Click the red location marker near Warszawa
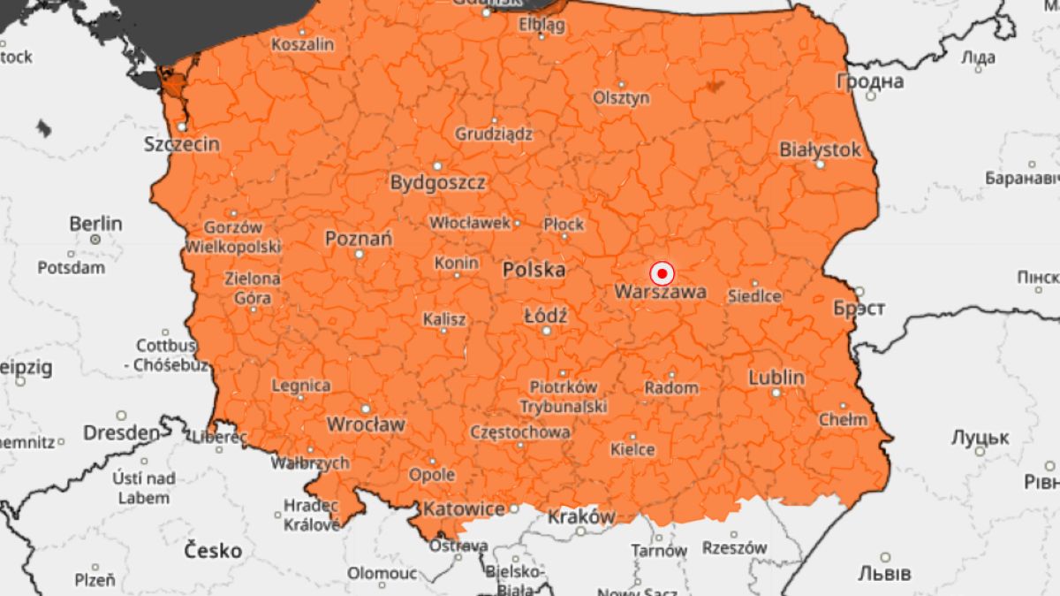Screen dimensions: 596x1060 (x=661, y=274)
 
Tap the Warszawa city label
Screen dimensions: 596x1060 (x=660, y=292)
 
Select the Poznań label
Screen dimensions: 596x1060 (x=359, y=239)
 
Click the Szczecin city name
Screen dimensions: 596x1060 (x=182, y=144)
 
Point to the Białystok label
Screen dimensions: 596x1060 (x=820, y=149)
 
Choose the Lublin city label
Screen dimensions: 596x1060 (x=776, y=378)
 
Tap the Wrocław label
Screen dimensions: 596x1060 (x=366, y=424)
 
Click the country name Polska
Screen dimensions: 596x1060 (x=534, y=271)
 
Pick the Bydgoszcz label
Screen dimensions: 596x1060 (x=438, y=183)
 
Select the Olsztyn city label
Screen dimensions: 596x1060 (x=621, y=97)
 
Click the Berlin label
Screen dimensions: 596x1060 (x=95, y=223)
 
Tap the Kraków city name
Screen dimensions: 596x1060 (x=581, y=516)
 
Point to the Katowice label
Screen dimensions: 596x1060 (x=464, y=509)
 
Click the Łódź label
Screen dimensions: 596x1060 (x=545, y=316)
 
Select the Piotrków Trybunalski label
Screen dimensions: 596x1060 (x=563, y=396)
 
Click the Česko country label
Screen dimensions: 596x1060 (x=212, y=551)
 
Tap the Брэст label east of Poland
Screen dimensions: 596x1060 (x=859, y=309)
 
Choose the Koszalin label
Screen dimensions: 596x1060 (x=303, y=44)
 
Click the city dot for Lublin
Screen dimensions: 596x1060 (x=776, y=393)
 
